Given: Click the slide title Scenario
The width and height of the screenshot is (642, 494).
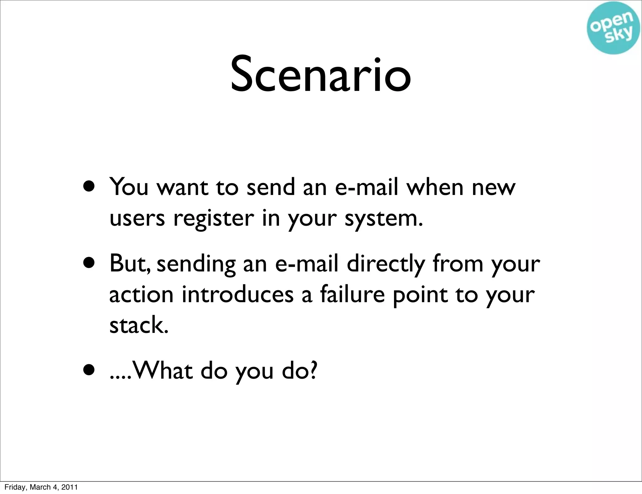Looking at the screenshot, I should (x=320, y=74).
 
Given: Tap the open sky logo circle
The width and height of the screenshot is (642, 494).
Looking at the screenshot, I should (x=613, y=28).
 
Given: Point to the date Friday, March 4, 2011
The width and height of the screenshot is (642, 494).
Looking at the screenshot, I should (x=41, y=487).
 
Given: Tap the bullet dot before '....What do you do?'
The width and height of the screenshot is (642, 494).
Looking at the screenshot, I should (x=89, y=370).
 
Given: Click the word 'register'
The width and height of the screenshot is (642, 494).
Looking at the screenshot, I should (x=214, y=219).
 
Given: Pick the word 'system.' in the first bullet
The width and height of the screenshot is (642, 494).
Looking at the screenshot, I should (x=384, y=219).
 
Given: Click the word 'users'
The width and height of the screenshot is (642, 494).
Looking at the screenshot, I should (x=137, y=218).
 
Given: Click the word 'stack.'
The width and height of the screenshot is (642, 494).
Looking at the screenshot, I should (x=139, y=325).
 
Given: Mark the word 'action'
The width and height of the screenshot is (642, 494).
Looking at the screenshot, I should (x=141, y=295).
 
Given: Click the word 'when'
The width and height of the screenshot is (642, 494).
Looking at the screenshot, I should (x=435, y=187).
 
